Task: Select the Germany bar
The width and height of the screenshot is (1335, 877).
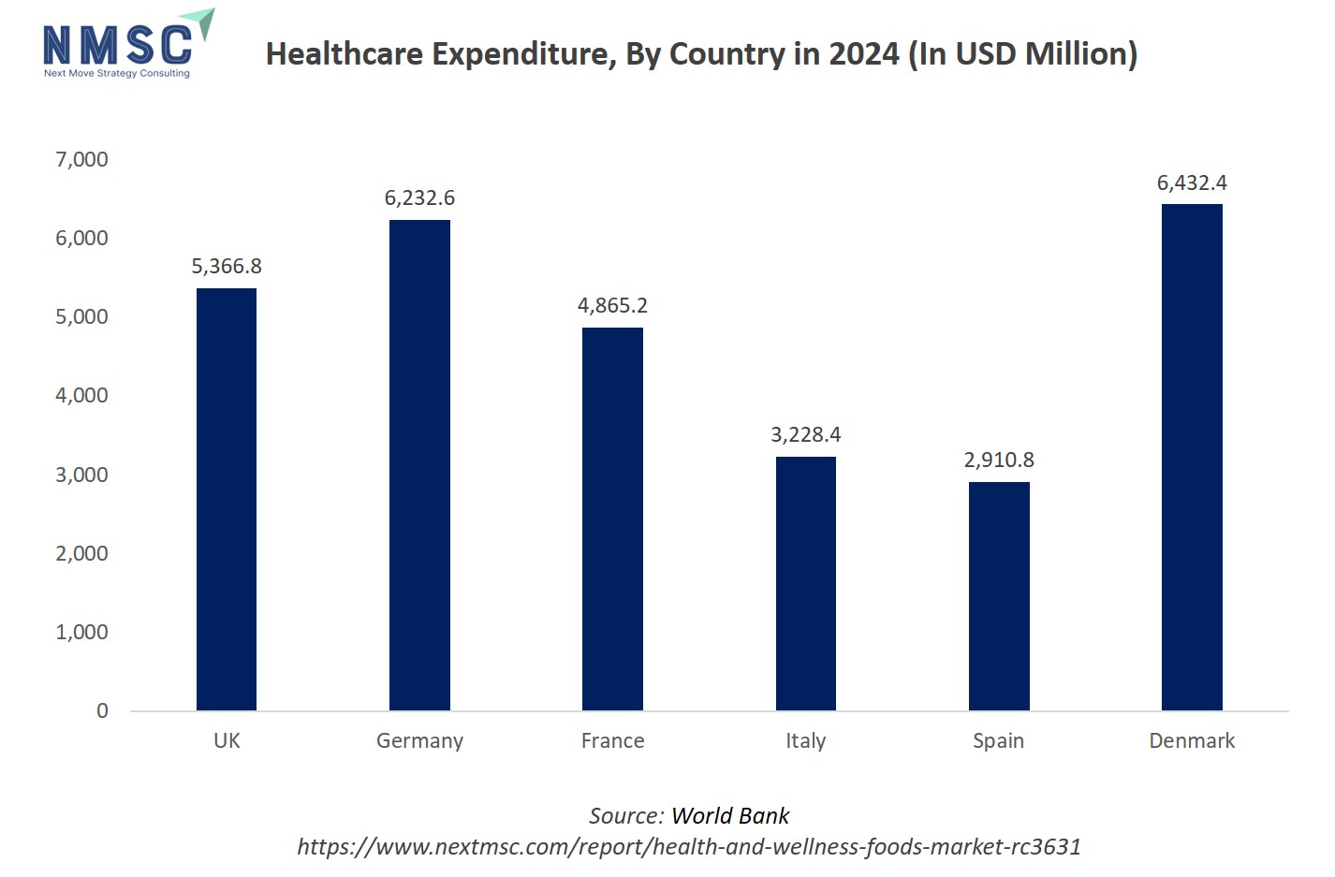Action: tap(419, 465)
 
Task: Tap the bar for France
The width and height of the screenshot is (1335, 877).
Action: tap(612, 519)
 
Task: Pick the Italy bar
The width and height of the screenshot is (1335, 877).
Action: tap(805, 583)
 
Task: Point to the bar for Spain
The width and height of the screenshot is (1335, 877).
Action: tap(999, 596)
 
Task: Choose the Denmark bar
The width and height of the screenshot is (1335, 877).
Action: tap(1192, 457)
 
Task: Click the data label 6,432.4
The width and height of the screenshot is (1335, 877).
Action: tap(1192, 183)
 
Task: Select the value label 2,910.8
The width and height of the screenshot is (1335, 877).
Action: tap(999, 460)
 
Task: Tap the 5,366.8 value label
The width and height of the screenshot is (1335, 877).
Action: tap(227, 267)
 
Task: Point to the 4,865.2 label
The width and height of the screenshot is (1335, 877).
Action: tap(612, 306)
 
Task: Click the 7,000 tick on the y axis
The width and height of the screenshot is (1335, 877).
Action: tap(82, 160)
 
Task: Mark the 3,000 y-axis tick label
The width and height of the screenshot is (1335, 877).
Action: tap(82, 475)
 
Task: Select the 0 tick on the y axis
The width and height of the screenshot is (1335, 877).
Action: tap(102, 711)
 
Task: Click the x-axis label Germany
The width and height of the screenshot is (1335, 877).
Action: tap(419, 741)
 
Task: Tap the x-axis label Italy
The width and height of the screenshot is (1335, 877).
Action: tap(805, 741)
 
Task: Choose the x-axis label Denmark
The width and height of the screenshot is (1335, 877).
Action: tap(1192, 741)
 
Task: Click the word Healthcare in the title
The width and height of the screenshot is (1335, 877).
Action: tap(345, 54)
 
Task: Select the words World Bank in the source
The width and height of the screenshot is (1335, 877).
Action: tap(730, 816)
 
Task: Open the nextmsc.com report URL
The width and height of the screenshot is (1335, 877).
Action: tap(689, 847)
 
